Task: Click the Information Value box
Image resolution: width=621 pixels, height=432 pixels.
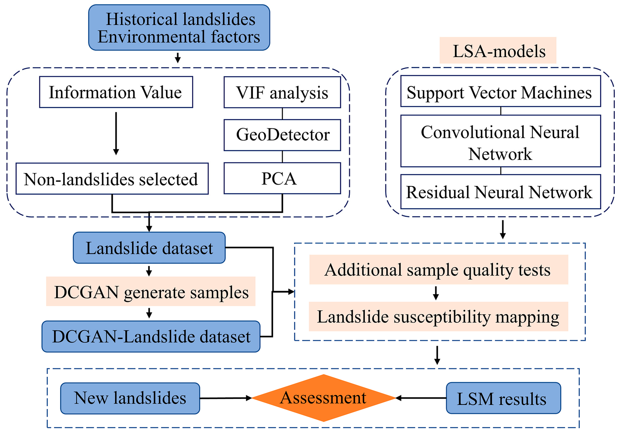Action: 116,92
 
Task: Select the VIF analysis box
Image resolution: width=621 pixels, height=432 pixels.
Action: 282,92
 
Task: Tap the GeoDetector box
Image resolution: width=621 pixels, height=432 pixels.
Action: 282,135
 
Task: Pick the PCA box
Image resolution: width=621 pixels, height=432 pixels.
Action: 282,178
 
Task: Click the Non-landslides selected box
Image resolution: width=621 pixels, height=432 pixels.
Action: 112,178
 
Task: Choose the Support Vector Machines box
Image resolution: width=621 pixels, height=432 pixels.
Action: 501,91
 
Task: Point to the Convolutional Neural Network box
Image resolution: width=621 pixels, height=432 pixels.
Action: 501,141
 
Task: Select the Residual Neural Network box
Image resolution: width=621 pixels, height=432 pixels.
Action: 501,192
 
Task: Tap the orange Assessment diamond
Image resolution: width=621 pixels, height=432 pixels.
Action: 323,398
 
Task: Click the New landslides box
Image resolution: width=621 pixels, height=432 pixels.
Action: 130,398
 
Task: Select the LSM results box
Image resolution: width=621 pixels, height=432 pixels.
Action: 503,398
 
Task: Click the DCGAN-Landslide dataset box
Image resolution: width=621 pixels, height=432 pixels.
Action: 151,337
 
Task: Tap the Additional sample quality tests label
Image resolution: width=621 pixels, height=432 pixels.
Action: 439,269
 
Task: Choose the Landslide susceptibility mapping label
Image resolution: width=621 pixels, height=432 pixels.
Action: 438,316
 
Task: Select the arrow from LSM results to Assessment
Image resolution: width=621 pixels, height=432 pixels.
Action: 421,398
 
